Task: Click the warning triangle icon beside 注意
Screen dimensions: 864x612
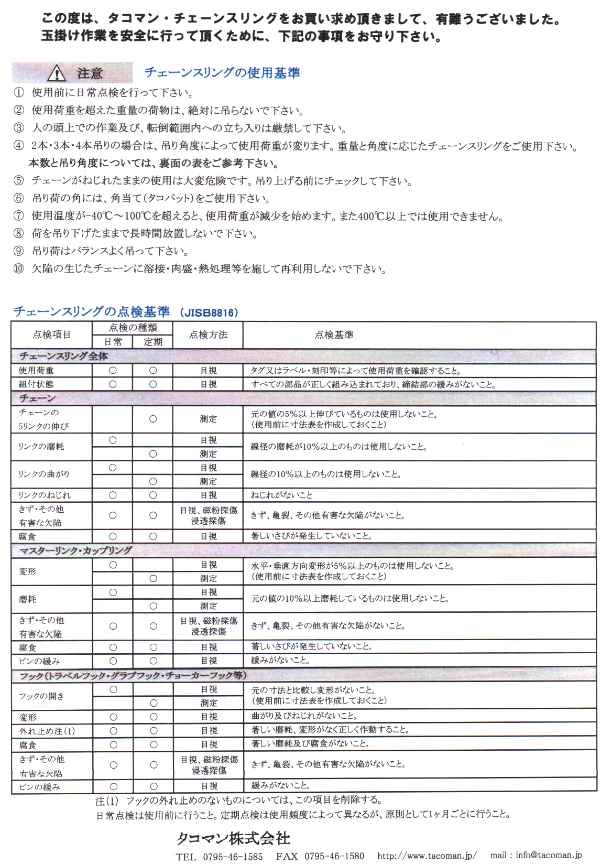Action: click(56, 74)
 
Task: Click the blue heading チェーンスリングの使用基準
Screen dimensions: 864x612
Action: click(222, 73)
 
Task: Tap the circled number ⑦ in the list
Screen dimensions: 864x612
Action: click(19, 216)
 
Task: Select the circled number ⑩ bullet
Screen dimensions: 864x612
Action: click(19, 269)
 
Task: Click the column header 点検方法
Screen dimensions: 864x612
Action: click(208, 335)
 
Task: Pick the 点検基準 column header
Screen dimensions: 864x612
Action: click(334, 335)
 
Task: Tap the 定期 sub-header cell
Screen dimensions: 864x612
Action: click(152, 342)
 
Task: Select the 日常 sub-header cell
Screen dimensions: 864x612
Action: click(113, 342)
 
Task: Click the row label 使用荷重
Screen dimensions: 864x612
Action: click(36, 371)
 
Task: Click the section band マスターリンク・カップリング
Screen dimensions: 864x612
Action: click(75, 550)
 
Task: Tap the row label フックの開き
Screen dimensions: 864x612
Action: click(41, 696)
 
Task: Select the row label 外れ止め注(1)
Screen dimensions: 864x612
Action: click(47, 731)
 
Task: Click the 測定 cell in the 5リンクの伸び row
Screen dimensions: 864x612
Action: click(208, 419)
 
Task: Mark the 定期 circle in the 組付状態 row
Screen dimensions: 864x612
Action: click(153, 384)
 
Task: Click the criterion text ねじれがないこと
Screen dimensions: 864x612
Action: click(281, 495)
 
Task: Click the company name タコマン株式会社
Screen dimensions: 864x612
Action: click(233, 839)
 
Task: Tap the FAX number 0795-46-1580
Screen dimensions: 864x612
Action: click(334, 856)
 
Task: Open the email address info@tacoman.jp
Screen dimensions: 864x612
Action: click(549, 855)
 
